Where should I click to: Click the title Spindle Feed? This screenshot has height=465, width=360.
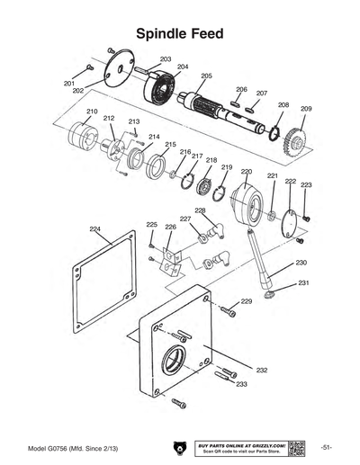pos(179,33)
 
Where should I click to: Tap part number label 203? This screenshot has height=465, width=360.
pos(166,58)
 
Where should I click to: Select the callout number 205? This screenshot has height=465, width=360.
pos(206,76)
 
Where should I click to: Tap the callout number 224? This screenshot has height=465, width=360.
pos(94,228)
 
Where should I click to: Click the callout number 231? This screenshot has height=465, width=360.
pos(303,282)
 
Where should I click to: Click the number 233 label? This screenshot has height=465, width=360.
pos(241,384)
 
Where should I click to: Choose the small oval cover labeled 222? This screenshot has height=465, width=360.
pos(291,221)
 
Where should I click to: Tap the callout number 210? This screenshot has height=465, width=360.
pos(92,112)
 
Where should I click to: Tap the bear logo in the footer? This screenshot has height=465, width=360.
pos(177,447)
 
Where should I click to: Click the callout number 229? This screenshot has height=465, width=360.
pos(246,302)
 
